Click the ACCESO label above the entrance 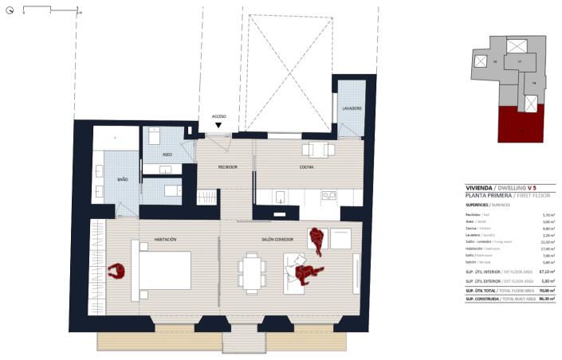click(219, 116)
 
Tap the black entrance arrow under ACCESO click(219, 126)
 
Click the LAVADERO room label click(353, 108)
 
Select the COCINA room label click(307, 167)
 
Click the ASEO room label click(167, 155)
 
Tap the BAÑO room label click(123, 180)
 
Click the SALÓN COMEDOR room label click(277, 239)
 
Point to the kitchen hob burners click(328, 195)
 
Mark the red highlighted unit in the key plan click(520, 126)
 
